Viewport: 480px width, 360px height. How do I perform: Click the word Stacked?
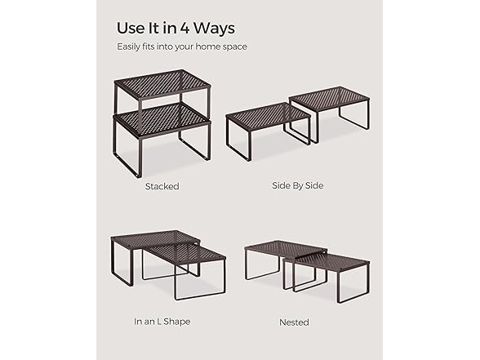pos(162,186)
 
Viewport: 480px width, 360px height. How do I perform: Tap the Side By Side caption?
pos(297,185)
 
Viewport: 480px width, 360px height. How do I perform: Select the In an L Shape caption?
pos(162,322)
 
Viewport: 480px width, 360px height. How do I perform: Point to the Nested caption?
pos(294,322)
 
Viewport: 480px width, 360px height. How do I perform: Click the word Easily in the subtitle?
pos(130,47)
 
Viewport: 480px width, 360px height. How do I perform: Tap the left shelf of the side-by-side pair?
pos(267,116)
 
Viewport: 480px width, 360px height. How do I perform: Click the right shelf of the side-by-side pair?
pos(329,98)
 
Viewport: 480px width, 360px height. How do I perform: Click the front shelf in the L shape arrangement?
pos(186,253)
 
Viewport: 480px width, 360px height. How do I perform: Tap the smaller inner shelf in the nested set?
pos(330,261)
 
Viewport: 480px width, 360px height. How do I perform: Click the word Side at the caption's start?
pos(281,185)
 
